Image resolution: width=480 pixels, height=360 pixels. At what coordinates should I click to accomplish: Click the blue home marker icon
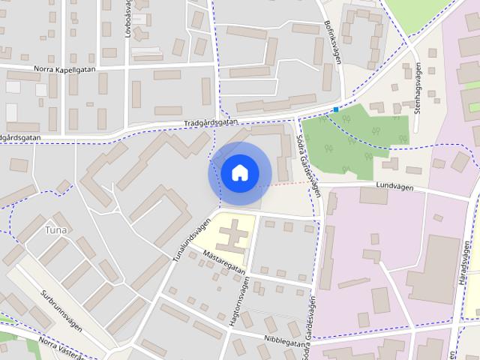click(x=239, y=173)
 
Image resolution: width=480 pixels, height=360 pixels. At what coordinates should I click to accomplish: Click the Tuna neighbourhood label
click(x=55, y=229)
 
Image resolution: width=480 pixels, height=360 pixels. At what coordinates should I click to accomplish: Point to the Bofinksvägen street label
click(x=331, y=42)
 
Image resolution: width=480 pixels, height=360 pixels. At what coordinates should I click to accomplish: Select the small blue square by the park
click(x=335, y=109)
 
